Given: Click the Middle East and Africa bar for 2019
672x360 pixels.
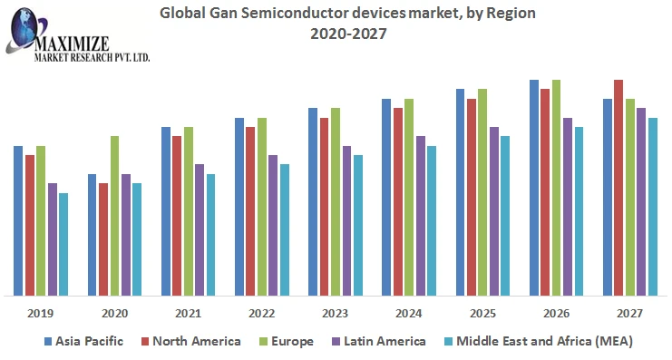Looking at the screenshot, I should (63, 244).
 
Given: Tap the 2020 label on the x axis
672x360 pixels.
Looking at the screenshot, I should (114, 313).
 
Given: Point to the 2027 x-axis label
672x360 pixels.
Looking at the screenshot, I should (629, 313).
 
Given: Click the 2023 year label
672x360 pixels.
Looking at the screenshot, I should (336, 313).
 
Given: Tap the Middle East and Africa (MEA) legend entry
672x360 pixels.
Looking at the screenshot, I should (539, 341).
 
